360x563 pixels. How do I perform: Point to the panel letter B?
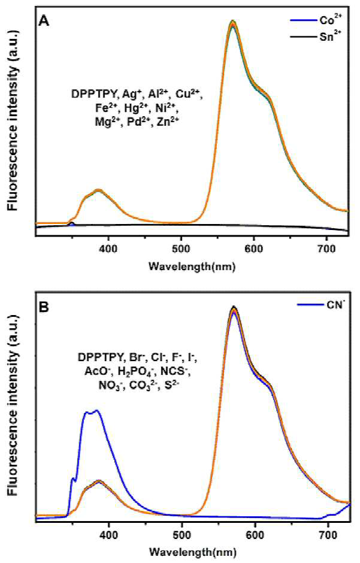pyautogui.click(x=44, y=308)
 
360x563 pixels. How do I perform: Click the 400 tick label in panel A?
pyautogui.click(x=108, y=249)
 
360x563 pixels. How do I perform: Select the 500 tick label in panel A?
pyautogui.click(x=181, y=249)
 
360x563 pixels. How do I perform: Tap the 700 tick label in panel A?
pyautogui.click(x=326, y=249)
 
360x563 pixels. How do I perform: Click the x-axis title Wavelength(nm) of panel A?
pyautogui.click(x=192, y=267)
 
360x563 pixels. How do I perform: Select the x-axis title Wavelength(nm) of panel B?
pyautogui.click(x=193, y=552)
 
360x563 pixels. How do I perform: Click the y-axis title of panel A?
pyautogui.click(x=13, y=120)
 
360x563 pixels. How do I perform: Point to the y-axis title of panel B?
pyautogui.click(x=13, y=405)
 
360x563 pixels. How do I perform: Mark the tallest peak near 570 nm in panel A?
pyautogui.click(x=233, y=21)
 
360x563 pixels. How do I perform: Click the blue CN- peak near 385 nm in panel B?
pyautogui.click(x=96, y=410)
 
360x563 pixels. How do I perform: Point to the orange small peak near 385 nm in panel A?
pyautogui.click(x=98, y=190)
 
